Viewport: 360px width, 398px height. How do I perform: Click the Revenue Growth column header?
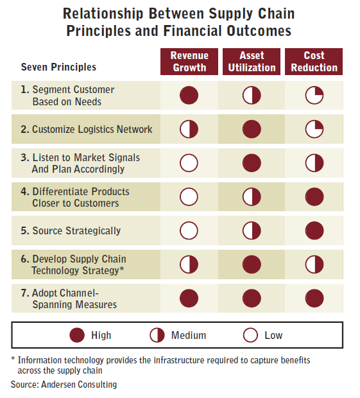pos(189,62)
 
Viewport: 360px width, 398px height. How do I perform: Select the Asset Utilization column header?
pos(252,62)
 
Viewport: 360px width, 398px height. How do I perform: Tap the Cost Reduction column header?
pos(314,62)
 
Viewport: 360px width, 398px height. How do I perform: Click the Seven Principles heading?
pos(58,67)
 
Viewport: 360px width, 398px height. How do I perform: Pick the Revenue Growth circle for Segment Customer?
pos(189,95)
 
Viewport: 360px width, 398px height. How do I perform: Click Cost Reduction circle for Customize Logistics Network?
pos(314,129)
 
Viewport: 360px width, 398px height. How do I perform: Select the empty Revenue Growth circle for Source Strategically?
pos(189,230)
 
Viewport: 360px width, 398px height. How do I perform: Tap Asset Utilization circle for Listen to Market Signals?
pos(252,162)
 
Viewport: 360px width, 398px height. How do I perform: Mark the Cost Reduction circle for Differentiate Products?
pos(314,196)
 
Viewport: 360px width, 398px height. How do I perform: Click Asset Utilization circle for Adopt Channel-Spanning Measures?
pos(252,298)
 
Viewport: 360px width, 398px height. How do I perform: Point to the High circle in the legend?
pos(77,335)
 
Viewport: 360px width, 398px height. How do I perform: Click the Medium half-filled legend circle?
pos(157,335)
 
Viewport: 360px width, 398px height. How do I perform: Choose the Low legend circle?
pos(250,335)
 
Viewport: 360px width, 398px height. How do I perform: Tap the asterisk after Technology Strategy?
pos(122,268)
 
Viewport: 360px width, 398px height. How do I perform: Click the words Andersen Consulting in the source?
pos(79,385)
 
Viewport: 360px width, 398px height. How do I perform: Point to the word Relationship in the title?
pos(103,13)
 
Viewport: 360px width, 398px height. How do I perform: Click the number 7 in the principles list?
pos(24,293)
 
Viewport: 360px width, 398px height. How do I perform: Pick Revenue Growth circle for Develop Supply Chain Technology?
pos(189,264)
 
